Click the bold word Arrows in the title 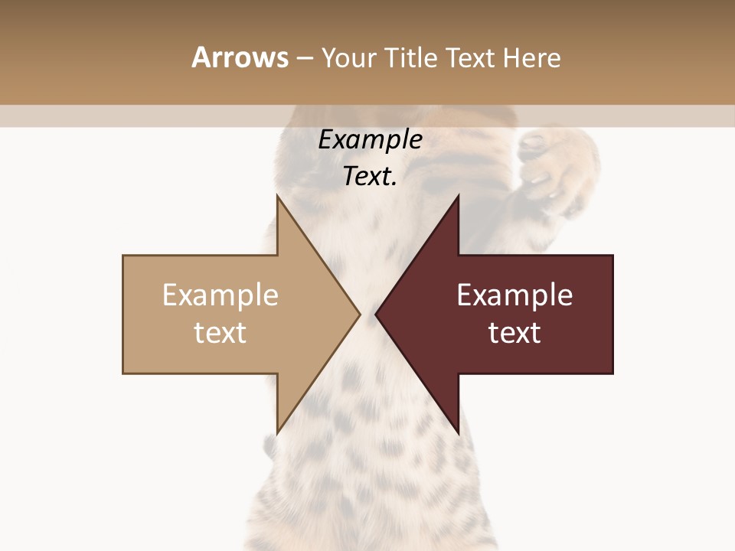[240, 57]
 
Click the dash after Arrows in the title [304, 58]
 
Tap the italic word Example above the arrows [370, 139]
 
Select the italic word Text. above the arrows [370, 176]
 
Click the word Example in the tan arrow [220, 295]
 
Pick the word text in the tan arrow [220, 332]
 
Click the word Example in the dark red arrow [514, 295]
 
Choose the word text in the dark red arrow [514, 332]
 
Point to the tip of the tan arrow [360, 314]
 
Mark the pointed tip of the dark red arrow [375, 314]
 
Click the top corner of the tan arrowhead [277, 196]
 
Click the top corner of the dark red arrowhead [458, 196]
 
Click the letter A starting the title [201, 57]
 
